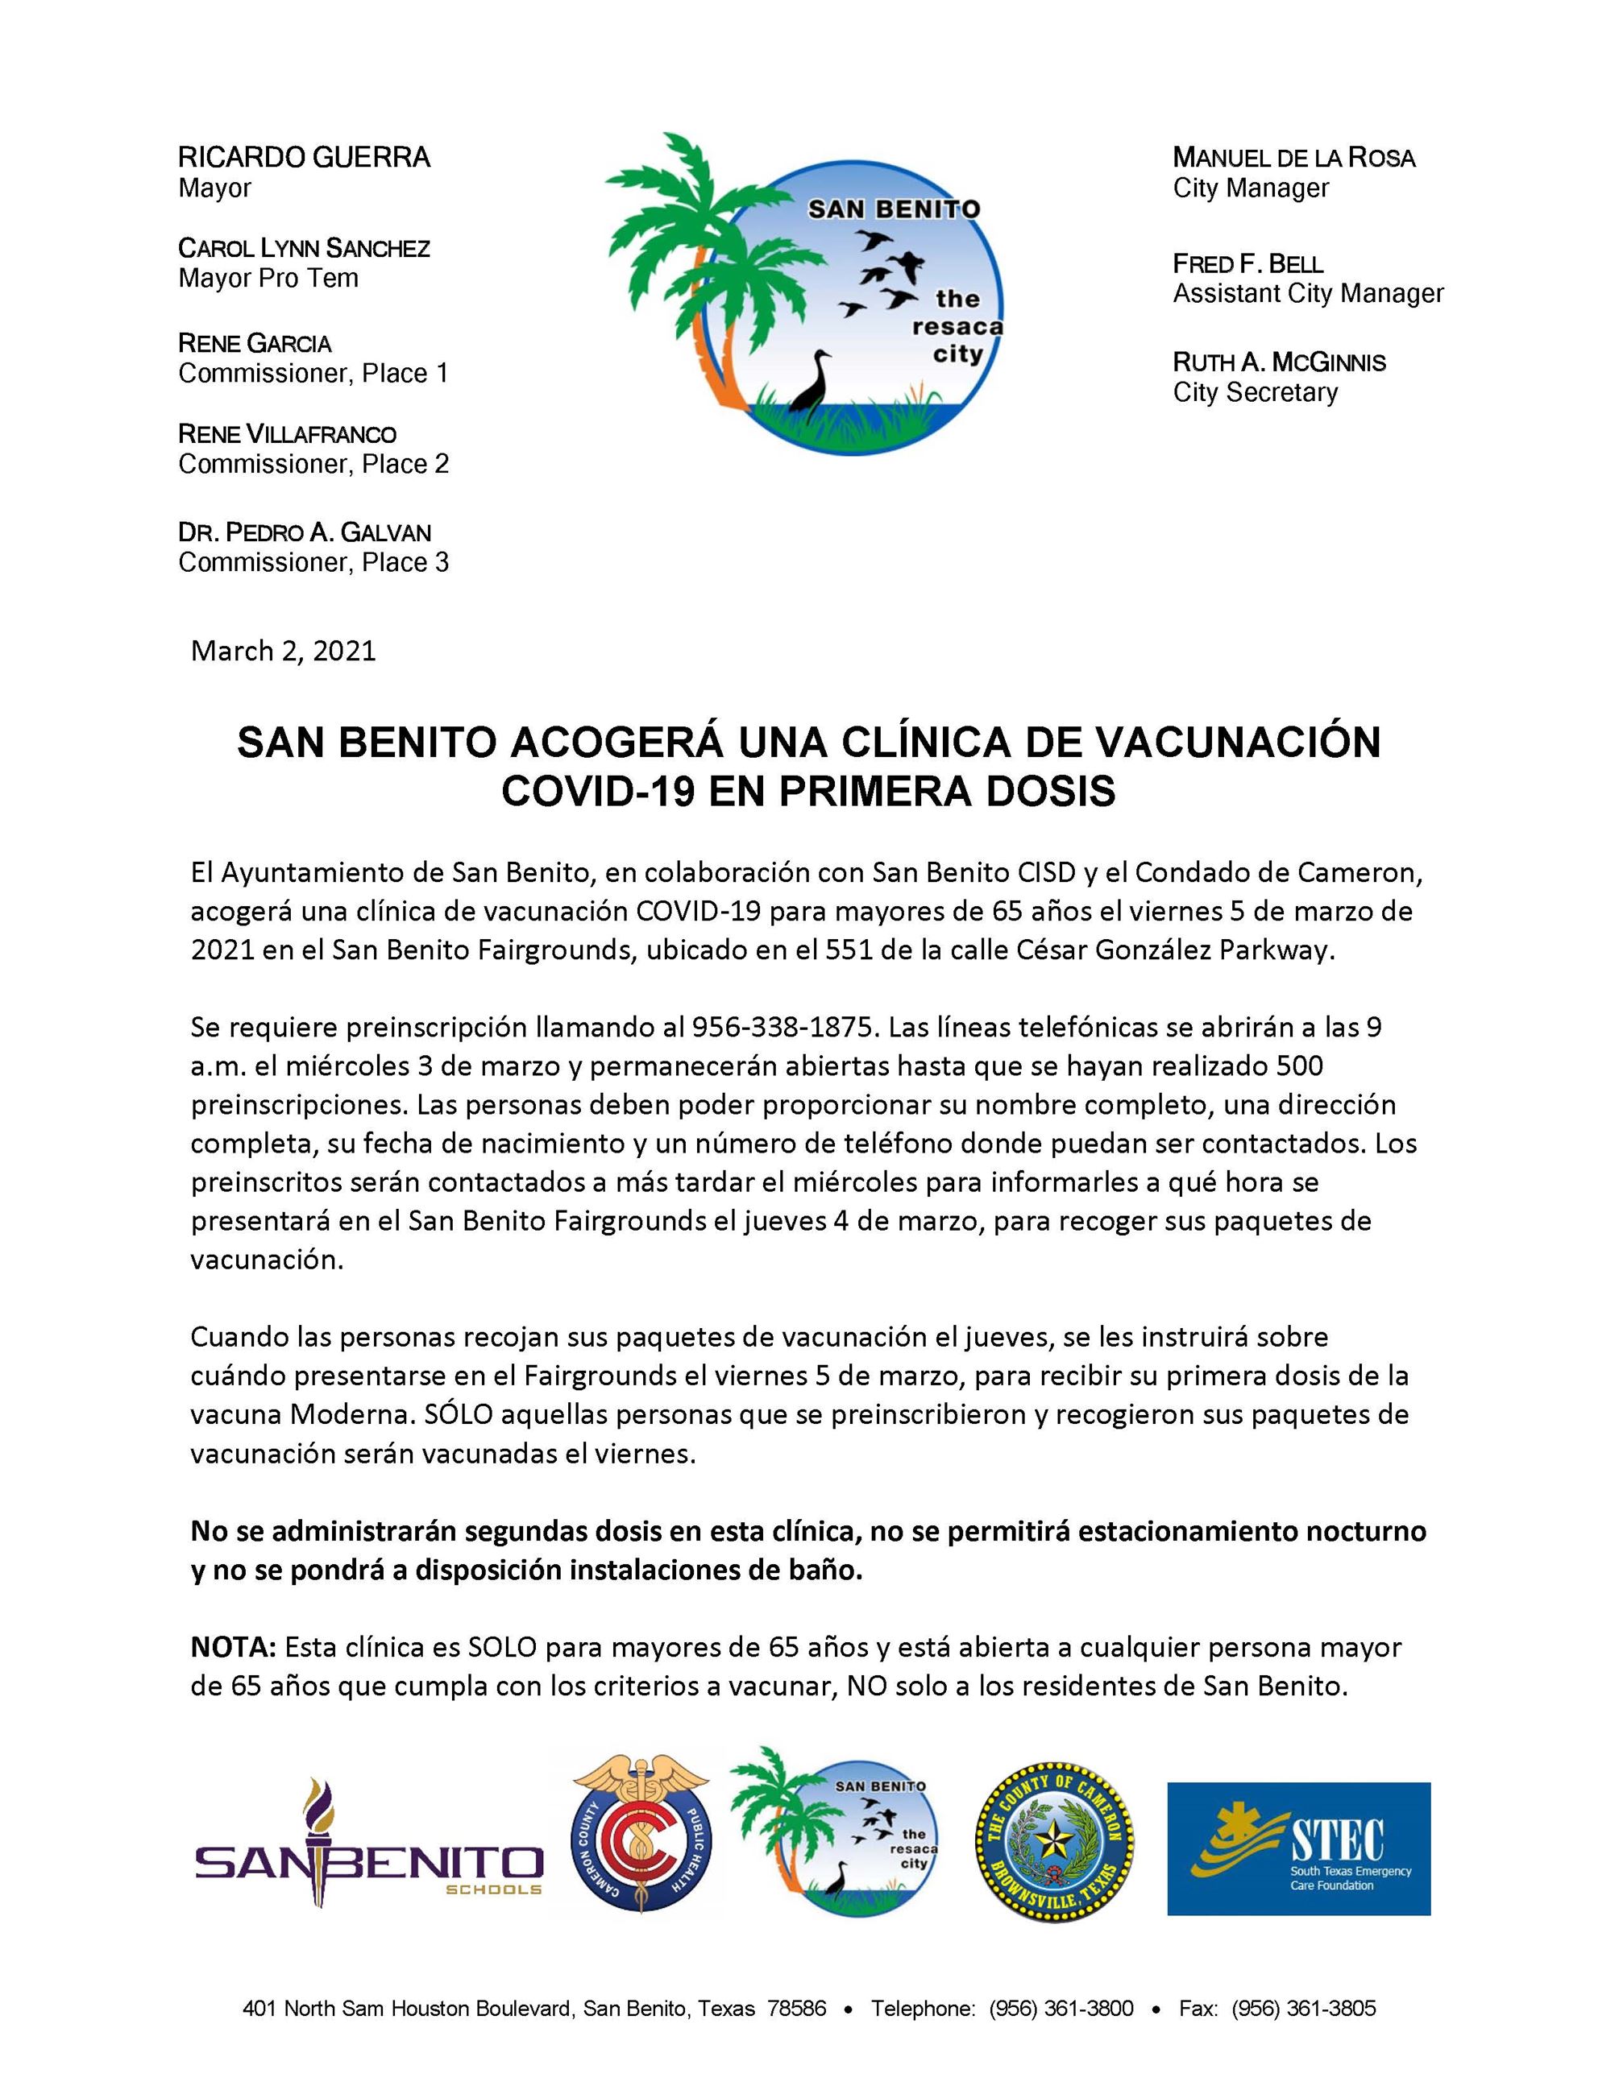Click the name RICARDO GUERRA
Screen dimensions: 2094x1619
304,157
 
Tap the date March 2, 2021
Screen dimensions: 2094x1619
283,651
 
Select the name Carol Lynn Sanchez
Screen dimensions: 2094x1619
304,248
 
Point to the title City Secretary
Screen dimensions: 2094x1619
1255,392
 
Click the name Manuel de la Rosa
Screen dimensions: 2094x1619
1294,157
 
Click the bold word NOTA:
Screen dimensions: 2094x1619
233,1647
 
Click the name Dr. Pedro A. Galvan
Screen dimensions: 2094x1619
304,532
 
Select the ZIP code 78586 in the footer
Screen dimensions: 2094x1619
796,2008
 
